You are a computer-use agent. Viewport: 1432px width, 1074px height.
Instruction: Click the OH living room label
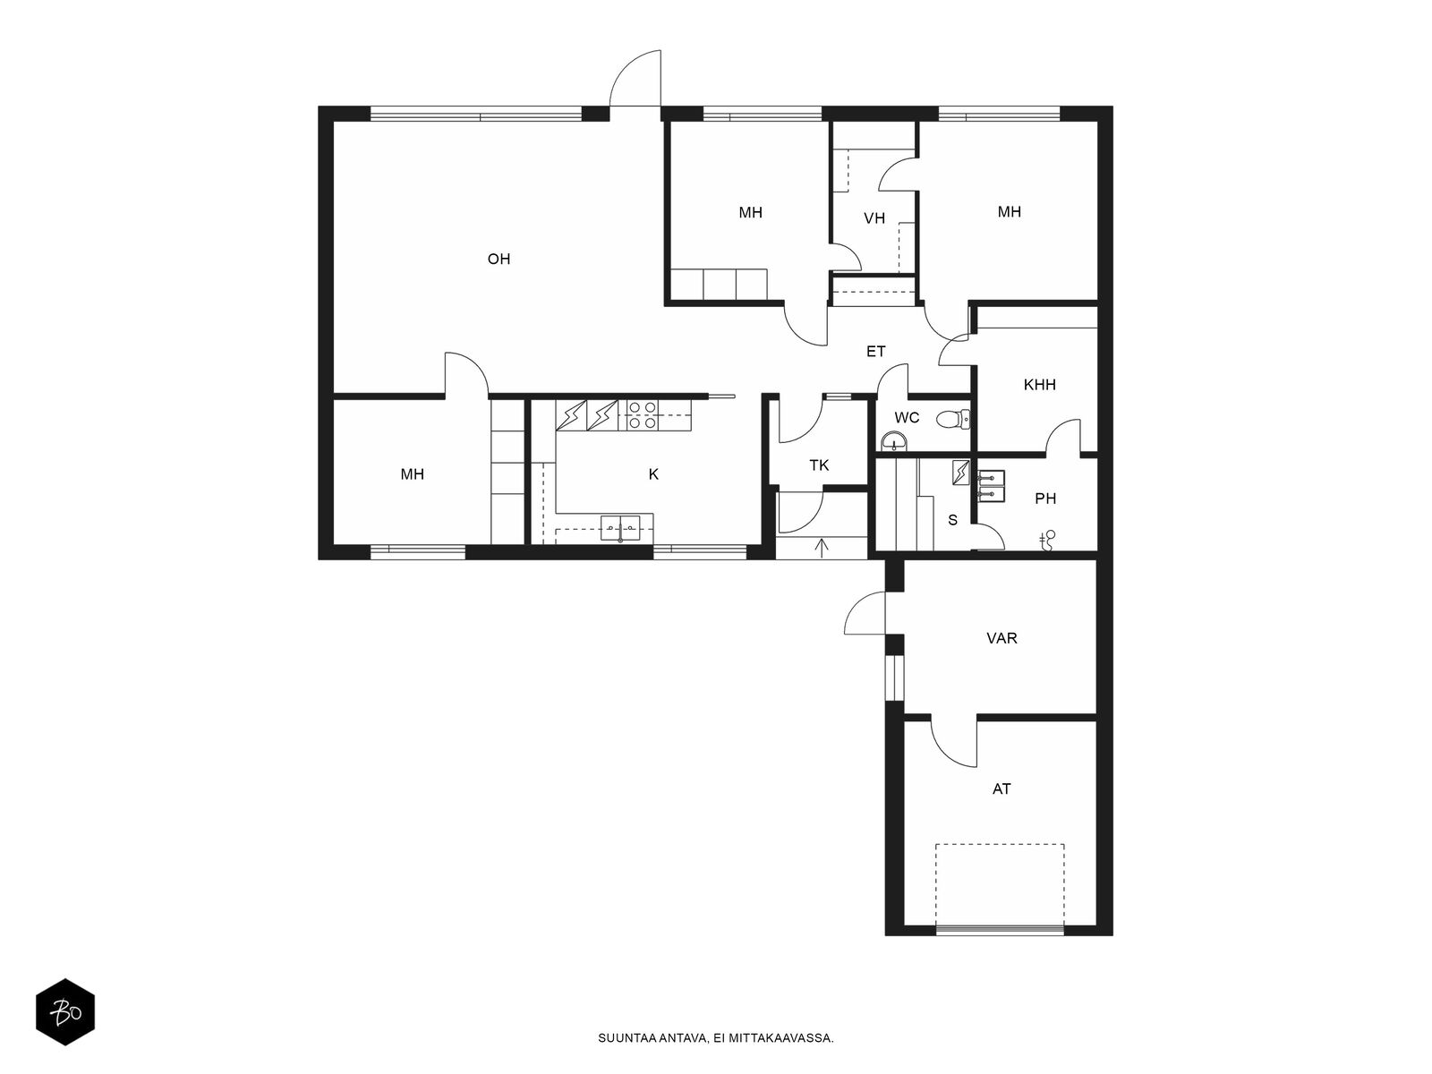point(499,259)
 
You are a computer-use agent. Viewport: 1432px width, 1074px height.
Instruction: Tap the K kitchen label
point(653,474)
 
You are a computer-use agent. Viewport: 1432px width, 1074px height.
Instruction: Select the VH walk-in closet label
point(874,218)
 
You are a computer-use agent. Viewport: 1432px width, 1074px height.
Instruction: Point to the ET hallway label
point(875,352)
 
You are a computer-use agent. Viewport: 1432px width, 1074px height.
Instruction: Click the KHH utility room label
point(1039,385)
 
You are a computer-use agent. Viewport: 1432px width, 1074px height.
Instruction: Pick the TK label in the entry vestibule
point(819,465)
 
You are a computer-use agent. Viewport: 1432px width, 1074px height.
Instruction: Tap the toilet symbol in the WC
point(952,419)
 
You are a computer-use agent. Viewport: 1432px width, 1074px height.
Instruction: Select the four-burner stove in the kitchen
point(642,415)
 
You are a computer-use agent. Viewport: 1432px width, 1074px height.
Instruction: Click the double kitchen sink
point(620,527)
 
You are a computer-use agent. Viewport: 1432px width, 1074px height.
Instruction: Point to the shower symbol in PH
point(1047,541)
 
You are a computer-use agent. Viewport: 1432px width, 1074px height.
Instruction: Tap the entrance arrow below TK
point(822,549)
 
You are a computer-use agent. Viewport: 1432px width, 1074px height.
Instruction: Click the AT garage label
point(1002,789)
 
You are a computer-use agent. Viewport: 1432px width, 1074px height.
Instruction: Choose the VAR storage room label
point(1002,638)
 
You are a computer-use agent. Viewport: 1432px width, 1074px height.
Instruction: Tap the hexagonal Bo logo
point(65,1012)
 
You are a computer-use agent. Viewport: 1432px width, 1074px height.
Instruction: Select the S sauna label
point(952,520)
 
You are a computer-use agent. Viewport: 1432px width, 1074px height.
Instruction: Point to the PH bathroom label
point(1045,499)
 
